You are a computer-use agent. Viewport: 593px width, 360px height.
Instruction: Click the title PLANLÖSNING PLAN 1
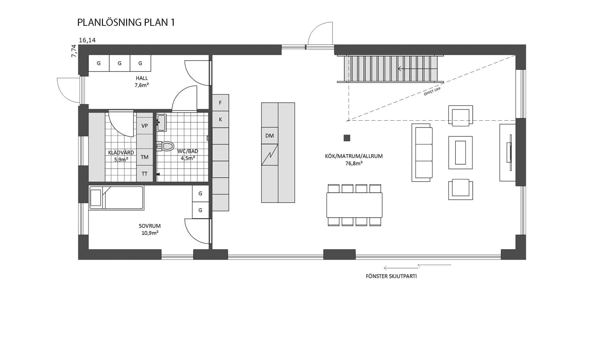126,22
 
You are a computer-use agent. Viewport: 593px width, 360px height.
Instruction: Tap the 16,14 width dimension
87,40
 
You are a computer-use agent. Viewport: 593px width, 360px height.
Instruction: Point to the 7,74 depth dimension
74,51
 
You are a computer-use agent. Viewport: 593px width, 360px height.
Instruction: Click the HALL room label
141,78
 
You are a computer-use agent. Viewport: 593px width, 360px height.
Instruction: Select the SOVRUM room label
150,226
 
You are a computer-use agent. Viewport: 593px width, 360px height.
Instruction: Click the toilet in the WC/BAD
165,146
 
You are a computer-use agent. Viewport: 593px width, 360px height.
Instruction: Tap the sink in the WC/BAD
161,122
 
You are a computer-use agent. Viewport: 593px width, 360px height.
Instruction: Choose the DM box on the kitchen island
269,136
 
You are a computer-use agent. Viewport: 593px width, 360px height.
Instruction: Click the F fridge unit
220,102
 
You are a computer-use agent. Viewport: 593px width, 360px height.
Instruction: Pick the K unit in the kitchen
220,119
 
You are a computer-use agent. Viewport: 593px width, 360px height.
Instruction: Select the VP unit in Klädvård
144,126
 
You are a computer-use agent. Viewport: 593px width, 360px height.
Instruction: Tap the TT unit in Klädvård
144,174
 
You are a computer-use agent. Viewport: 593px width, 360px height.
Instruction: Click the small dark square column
347,138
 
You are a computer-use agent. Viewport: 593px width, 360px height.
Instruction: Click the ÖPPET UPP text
432,91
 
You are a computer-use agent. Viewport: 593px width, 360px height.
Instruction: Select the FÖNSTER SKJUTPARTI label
391,276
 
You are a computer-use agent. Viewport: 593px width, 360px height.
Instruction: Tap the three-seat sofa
422,153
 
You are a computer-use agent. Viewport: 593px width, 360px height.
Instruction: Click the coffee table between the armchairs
460,152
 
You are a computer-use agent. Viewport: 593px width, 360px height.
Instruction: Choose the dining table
354,205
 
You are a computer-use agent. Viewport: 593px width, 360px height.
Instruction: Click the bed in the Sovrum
116,198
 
